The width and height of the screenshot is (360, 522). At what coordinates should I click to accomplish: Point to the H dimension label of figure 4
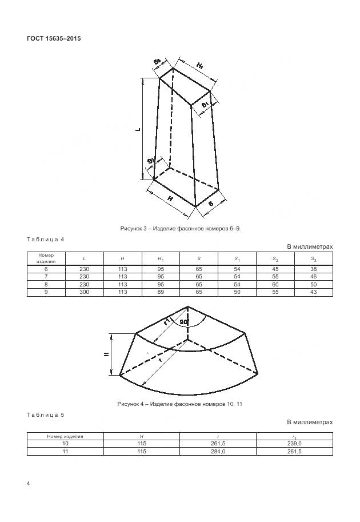(107, 354)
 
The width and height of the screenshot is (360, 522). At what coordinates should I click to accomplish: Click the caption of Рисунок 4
(180, 404)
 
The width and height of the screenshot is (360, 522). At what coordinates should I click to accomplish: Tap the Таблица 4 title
(46, 239)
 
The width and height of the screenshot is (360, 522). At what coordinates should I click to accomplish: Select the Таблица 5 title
(46, 414)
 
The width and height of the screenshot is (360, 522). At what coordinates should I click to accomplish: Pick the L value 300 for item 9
(84, 292)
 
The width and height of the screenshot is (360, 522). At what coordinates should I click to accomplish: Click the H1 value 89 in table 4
(161, 292)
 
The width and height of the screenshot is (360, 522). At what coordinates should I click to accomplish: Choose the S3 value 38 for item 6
(314, 268)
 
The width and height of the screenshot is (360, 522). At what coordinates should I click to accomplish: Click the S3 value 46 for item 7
(314, 276)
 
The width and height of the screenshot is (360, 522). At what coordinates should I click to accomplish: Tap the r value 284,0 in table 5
(218, 451)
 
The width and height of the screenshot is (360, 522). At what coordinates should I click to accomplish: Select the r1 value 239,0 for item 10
(294, 443)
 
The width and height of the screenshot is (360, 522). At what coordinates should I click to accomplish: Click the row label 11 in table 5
(65, 451)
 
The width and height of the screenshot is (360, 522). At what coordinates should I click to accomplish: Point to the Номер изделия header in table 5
(65, 436)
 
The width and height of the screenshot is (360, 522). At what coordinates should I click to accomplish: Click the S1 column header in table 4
(237, 259)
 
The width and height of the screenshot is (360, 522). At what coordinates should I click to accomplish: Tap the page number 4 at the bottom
(29, 484)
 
